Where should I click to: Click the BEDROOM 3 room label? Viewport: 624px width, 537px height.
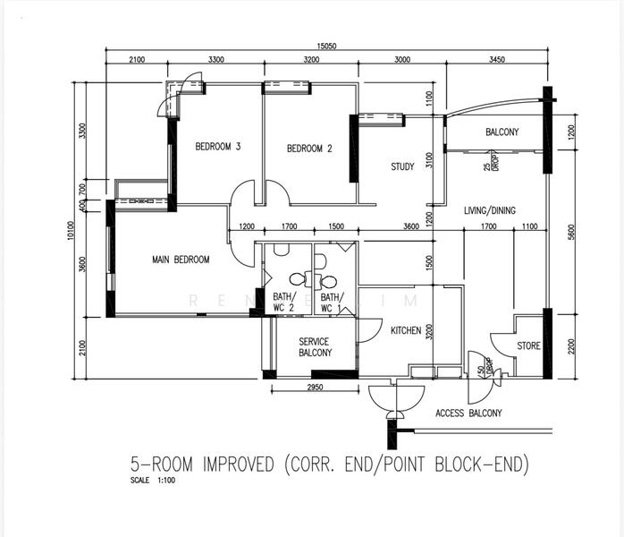(218, 148)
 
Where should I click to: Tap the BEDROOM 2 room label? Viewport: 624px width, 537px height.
(309, 149)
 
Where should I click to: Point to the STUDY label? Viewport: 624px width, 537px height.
(402, 166)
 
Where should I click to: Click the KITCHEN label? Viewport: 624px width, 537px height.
(406, 331)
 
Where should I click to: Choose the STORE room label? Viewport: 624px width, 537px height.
(528, 345)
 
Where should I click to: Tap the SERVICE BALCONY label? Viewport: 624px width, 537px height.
(315, 347)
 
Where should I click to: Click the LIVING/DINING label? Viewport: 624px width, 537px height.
(489, 210)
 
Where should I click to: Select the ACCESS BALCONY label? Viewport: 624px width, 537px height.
(468, 413)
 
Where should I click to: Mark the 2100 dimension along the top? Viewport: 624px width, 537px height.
(136, 60)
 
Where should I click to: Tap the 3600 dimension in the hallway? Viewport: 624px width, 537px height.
(410, 226)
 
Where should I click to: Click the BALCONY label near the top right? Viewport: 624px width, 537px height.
(502, 132)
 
